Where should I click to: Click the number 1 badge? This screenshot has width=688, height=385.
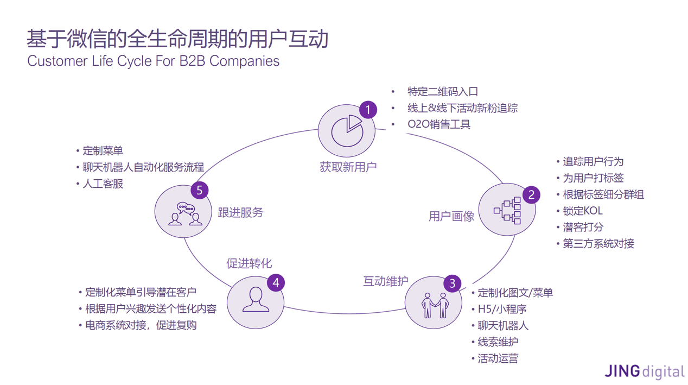(x=368, y=110)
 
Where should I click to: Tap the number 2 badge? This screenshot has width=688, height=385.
(x=531, y=195)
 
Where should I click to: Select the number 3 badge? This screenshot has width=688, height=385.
(x=452, y=283)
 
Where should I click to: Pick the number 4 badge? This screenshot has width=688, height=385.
(x=276, y=282)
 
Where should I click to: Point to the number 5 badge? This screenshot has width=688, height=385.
(x=200, y=190)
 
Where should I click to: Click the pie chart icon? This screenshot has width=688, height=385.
(x=347, y=131)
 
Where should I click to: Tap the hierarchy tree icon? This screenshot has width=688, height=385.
(x=507, y=211)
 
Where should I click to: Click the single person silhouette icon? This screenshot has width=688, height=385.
(x=256, y=300)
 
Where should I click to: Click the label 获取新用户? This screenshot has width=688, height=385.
(x=348, y=167)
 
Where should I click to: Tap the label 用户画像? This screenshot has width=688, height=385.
(x=451, y=216)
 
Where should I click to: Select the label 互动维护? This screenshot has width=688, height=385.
(x=386, y=281)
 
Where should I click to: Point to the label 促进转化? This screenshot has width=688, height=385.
(x=249, y=263)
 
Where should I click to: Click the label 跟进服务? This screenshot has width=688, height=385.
(x=240, y=212)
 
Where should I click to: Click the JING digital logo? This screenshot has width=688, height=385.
(x=645, y=371)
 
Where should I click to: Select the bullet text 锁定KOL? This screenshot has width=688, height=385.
(x=583, y=211)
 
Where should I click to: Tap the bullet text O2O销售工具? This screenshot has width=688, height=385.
(x=439, y=124)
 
